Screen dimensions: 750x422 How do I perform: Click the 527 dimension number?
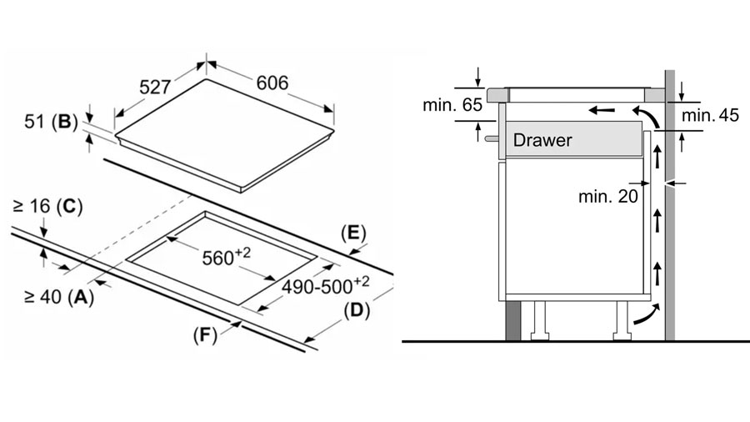coord(155,87)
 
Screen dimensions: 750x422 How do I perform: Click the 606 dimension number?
coord(272,83)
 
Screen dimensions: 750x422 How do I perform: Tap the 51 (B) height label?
coord(51,122)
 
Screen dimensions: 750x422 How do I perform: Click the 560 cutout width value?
coord(226,257)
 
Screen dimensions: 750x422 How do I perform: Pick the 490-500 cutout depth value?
coord(325,285)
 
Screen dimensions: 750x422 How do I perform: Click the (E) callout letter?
coord(353,233)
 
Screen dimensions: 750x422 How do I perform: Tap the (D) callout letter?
coord(357,310)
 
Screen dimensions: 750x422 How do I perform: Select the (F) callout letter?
coord(205,335)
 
